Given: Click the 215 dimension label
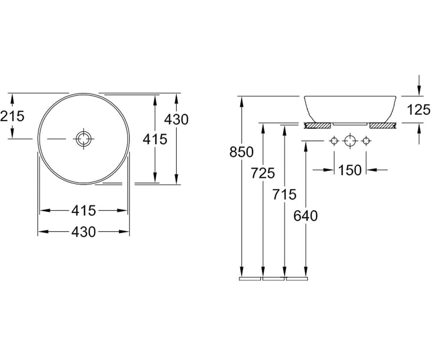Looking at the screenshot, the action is (12, 116).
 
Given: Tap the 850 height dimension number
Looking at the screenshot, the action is (242, 152).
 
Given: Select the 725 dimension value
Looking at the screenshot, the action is (263, 173).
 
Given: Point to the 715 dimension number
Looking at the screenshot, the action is (284, 194).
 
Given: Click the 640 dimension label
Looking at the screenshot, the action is (306, 216).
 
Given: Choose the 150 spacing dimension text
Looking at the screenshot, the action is (350, 170).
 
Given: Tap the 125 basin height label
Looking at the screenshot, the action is (419, 110).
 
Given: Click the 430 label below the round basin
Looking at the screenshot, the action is (84, 232).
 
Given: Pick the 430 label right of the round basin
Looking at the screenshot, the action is (176, 120).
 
